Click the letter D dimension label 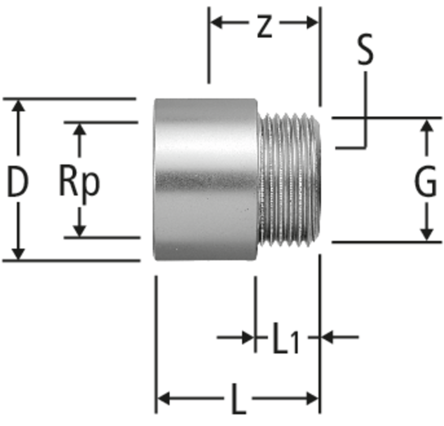tap(18, 181)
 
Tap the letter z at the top tap(264, 27)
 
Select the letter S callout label tap(365, 50)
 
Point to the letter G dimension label tap(425, 181)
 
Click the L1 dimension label tap(286, 338)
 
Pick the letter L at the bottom tap(238, 399)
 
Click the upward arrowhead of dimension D tap(18, 106)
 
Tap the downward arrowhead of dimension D tap(18, 253)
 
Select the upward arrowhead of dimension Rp tap(80, 129)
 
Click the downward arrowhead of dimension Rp tap(80, 231)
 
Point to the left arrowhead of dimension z tap(217, 23)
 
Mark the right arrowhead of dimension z tap(313, 23)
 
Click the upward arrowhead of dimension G tap(427, 125)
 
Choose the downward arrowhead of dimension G tap(427, 235)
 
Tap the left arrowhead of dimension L tap(164, 398)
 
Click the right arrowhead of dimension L tap(313, 398)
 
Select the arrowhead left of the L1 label tap(249, 337)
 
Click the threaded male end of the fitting tap(289, 180)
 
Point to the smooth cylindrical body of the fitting tap(206, 179)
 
